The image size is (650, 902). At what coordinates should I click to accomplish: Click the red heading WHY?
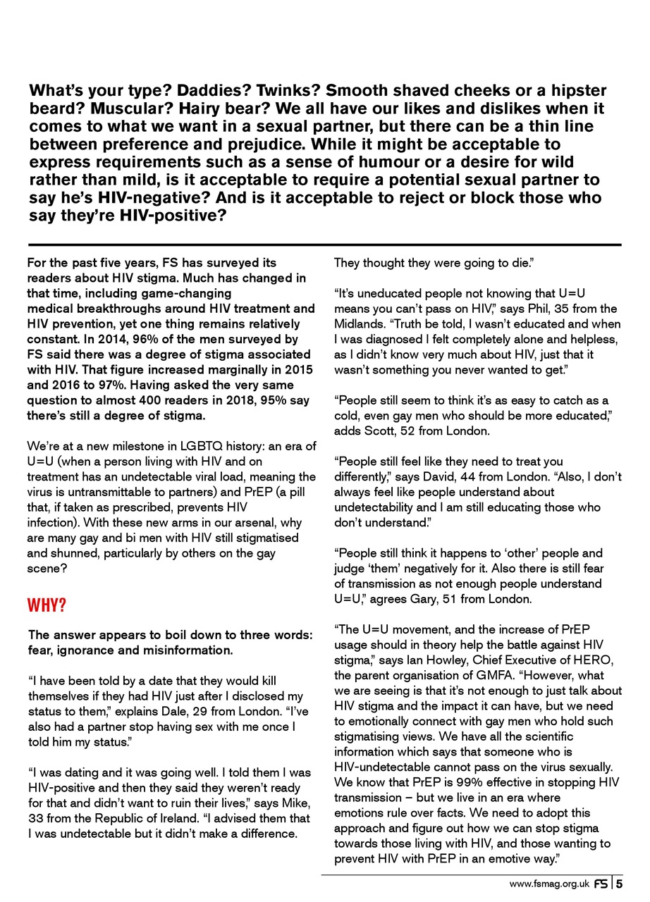pyautogui.click(x=47, y=606)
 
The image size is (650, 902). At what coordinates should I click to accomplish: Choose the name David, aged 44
pyautogui.click(x=442, y=477)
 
